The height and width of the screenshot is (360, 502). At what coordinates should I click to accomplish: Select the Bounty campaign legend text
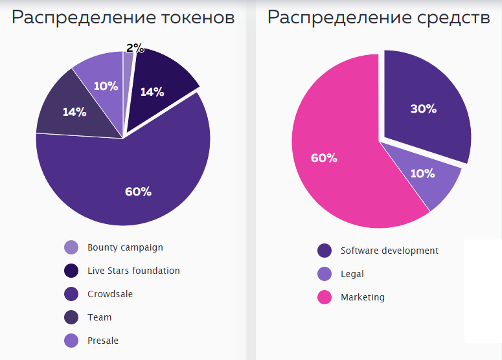[x=125, y=247]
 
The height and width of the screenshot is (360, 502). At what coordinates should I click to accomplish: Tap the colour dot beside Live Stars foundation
[x=71, y=271]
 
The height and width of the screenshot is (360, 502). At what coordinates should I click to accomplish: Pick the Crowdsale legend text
[x=110, y=294]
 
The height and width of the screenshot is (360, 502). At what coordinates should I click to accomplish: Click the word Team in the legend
[x=100, y=317]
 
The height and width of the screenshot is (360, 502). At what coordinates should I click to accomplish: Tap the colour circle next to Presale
[x=71, y=341]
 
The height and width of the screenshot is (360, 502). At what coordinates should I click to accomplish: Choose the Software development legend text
[x=389, y=251]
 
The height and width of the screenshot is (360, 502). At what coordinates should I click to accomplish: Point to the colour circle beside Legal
[x=325, y=274]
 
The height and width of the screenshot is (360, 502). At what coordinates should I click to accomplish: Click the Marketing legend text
[x=363, y=297]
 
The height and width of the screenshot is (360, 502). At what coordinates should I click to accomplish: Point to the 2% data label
[x=135, y=47]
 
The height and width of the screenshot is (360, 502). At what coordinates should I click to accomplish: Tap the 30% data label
[x=423, y=109]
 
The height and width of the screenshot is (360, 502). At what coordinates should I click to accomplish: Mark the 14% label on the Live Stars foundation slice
[x=152, y=92]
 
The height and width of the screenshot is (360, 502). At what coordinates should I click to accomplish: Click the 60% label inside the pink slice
[x=324, y=158]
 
